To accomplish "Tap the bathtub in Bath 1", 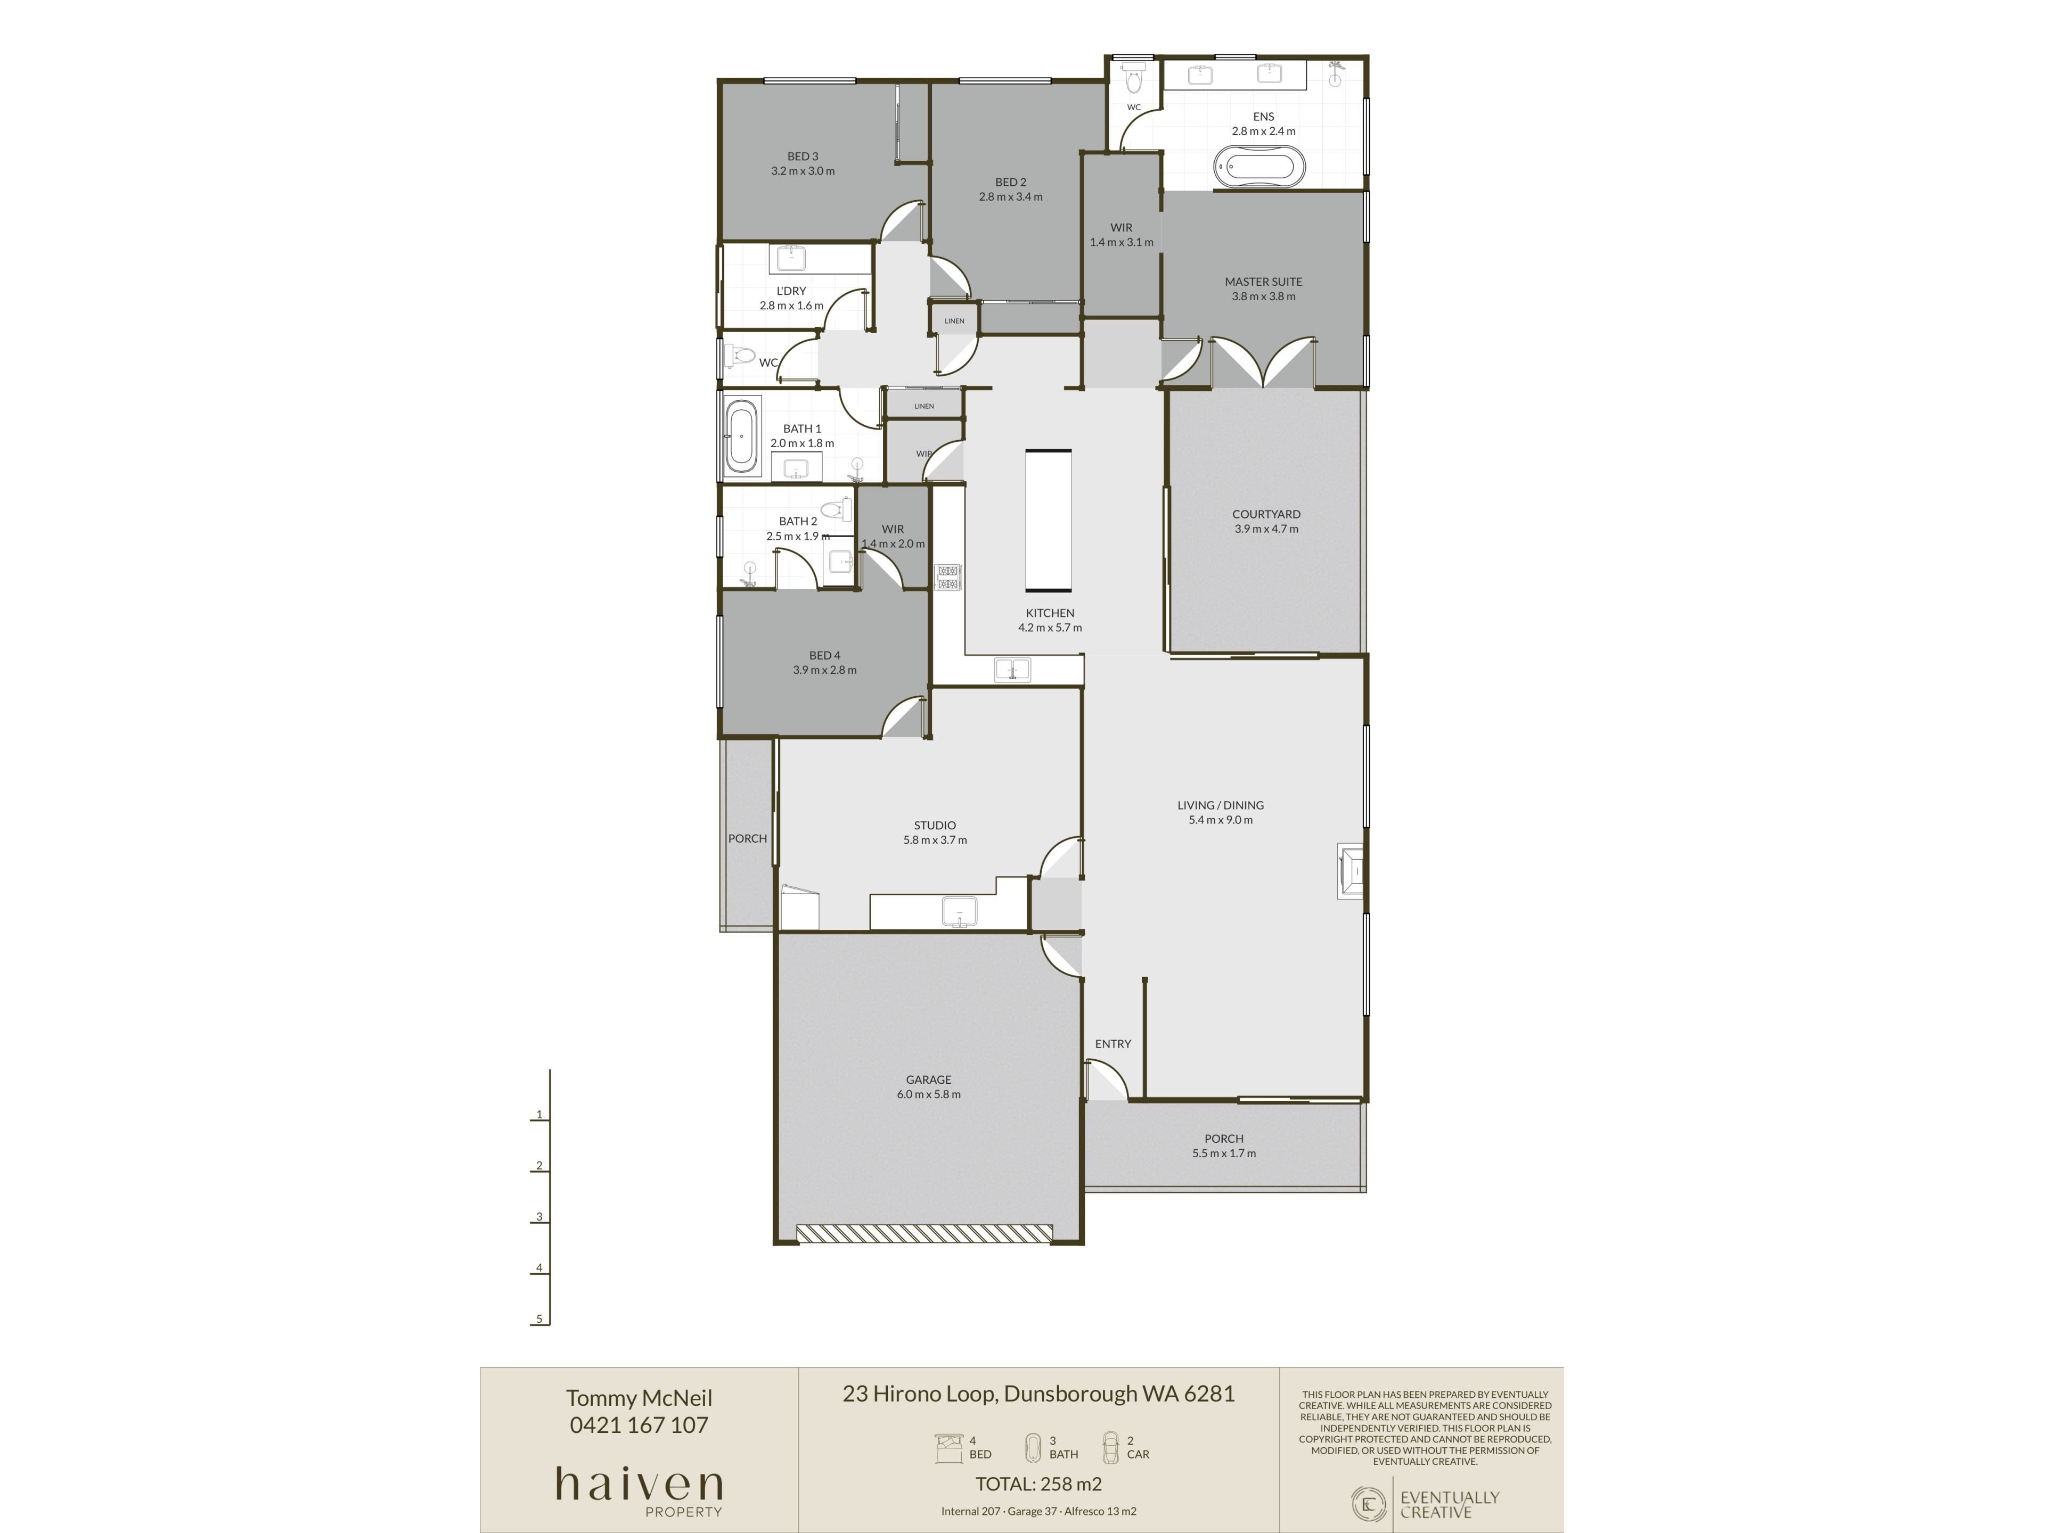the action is tap(741, 437).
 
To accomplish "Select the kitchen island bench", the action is tap(1049, 520).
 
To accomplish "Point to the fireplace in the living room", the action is tap(1351, 870).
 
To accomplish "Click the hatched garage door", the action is tap(925, 1234).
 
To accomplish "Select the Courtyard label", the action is tap(1266, 515).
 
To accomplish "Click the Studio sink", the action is tap(959, 911).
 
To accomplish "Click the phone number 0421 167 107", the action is tap(639, 1425).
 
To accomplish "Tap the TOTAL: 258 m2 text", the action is tap(1038, 1484).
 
